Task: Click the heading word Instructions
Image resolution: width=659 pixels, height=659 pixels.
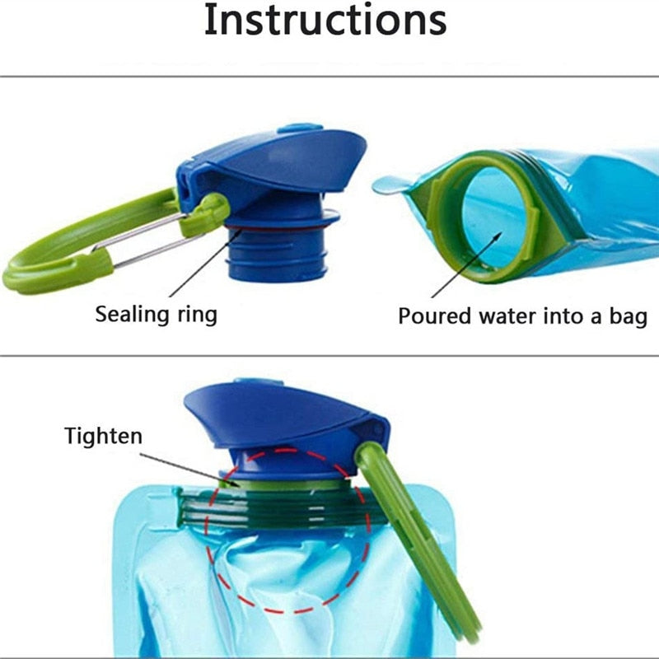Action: pyautogui.click(x=325, y=21)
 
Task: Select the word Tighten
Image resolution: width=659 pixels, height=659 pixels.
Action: pyautogui.click(x=103, y=436)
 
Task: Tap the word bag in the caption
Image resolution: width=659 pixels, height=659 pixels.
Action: pyautogui.click(x=628, y=316)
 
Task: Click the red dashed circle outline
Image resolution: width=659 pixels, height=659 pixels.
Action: pyautogui.click(x=368, y=527)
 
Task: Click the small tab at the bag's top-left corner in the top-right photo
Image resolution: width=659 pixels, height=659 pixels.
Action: pyautogui.click(x=387, y=186)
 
